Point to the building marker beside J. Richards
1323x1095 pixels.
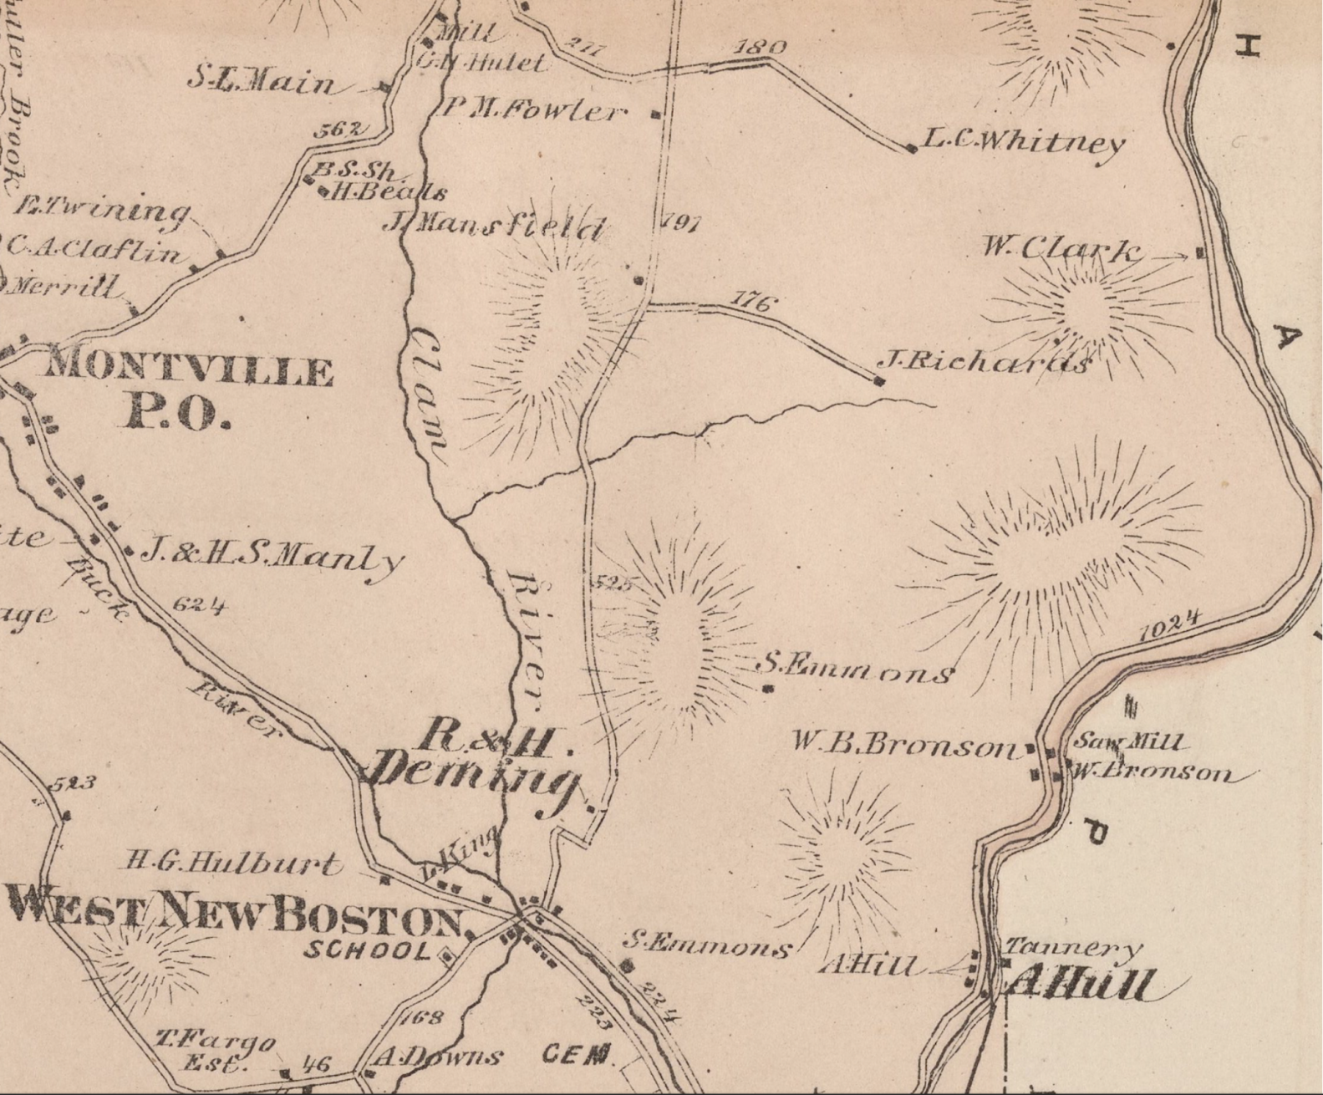878,381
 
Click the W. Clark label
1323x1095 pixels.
1061,248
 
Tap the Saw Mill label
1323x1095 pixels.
1128,741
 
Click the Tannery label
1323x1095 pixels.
1071,948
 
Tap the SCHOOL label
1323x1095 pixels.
367,950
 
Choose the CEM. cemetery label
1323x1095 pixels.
578,1055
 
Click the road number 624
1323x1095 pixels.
199,604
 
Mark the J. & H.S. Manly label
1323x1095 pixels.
272,556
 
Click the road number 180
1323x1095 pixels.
760,48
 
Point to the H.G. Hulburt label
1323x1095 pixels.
233,863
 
